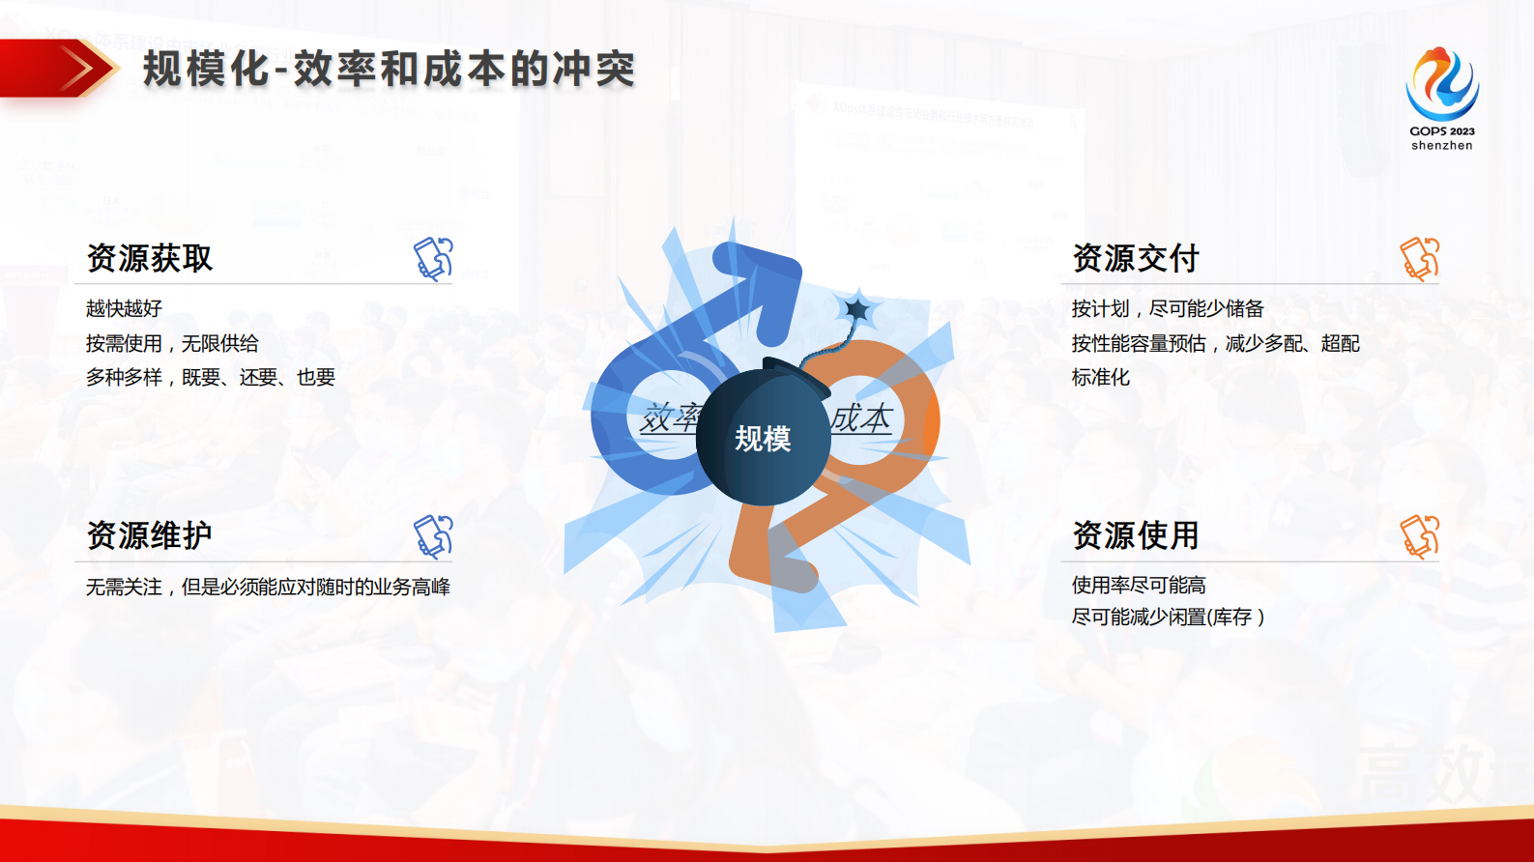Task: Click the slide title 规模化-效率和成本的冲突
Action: click(x=389, y=70)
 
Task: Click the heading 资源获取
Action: click(x=150, y=258)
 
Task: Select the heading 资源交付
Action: click(x=1136, y=258)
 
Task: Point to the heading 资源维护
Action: click(x=150, y=534)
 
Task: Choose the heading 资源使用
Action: click(x=1136, y=534)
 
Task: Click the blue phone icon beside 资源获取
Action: click(x=433, y=258)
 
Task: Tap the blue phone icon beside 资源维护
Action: click(x=433, y=536)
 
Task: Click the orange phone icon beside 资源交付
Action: click(x=1420, y=258)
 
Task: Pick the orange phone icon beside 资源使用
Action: click(x=1420, y=536)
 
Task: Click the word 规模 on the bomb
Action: click(x=763, y=439)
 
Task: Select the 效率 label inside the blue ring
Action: click(x=669, y=418)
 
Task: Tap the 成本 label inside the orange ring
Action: click(x=861, y=418)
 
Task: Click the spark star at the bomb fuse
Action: click(x=856, y=310)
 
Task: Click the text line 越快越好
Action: click(x=124, y=308)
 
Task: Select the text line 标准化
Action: click(x=1100, y=377)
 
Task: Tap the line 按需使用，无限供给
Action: click(x=172, y=343)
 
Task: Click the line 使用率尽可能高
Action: click(x=1139, y=585)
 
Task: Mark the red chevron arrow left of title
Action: click(x=82, y=69)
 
